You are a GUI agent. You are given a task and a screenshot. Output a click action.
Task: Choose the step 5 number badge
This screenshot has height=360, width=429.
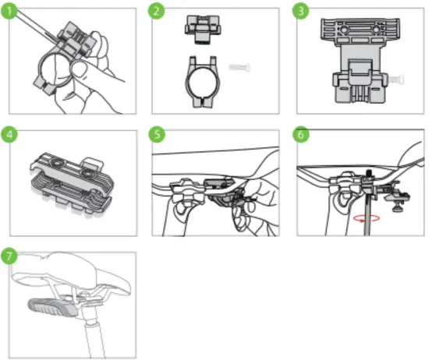pyautogui.click(x=159, y=132)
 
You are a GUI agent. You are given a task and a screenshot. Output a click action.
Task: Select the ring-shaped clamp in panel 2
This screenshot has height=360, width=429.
pyautogui.click(x=201, y=83)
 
